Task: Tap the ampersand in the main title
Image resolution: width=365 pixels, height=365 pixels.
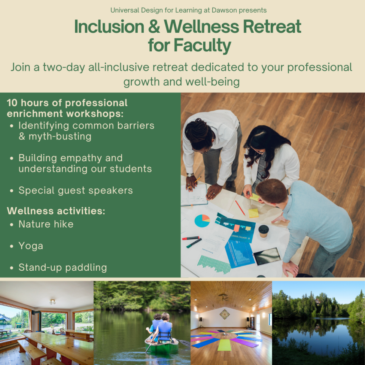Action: click(154, 26)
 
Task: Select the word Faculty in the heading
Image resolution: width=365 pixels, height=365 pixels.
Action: click(202, 46)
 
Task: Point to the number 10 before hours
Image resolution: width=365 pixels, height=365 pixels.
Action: click(12, 103)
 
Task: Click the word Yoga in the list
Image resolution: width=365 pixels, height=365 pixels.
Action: click(31, 246)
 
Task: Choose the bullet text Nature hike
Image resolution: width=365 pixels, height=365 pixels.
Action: click(46, 224)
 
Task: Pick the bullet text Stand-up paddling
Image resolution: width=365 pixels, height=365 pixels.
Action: click(63, 267)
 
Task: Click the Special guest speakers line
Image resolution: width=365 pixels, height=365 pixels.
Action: click(76, 190)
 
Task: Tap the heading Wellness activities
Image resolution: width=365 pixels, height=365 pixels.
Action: click(56, 211)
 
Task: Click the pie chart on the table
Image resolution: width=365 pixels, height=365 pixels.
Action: click(202, 221)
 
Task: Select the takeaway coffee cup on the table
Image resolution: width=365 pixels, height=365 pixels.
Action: click(263, 231)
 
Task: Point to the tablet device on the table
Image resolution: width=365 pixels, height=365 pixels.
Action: click(267, 256)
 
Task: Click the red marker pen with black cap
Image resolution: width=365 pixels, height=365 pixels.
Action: click(191, 238)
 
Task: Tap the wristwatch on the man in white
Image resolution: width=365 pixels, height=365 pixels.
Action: click(190, 175)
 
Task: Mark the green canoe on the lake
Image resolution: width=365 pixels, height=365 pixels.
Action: click(162, 346)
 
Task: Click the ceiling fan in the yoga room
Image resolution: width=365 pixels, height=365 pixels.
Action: click(223, 297)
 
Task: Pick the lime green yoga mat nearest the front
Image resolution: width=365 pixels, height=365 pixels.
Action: click(225, 345)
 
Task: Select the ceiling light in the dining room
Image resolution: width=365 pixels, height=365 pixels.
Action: click(52, 302)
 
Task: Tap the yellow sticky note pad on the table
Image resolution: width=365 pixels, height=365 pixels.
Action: click(254, 213)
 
